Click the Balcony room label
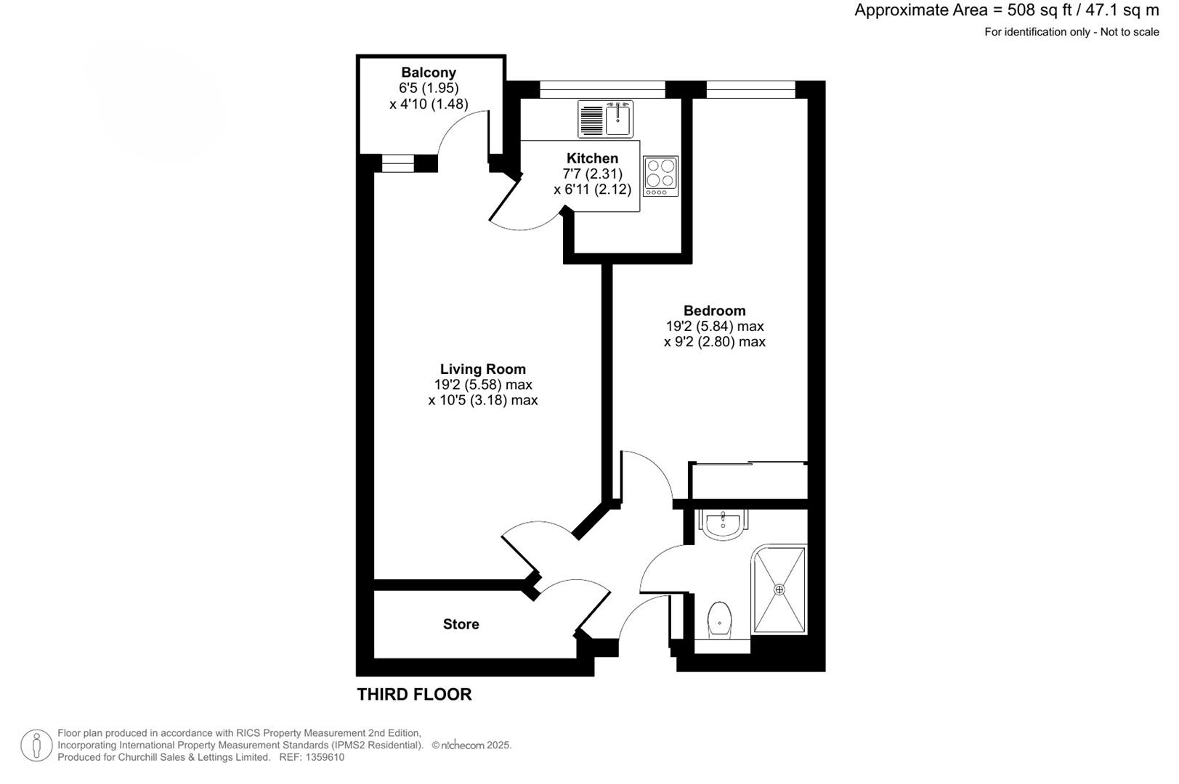pos(429,73)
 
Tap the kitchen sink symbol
pos(617,118)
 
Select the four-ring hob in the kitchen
pos(660,176)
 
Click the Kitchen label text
pos(592,158)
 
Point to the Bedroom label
pos(714,311)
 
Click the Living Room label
pos(482,369)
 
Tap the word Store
pos(461,624)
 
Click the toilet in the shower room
pos(719,619)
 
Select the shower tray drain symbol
pos(780,589)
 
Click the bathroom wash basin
pos(724,524)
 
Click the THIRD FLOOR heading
pos(414,695)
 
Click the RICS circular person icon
pos(36,746)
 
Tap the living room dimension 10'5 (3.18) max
pos(482,401)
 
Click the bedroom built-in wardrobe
pos(748,481)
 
